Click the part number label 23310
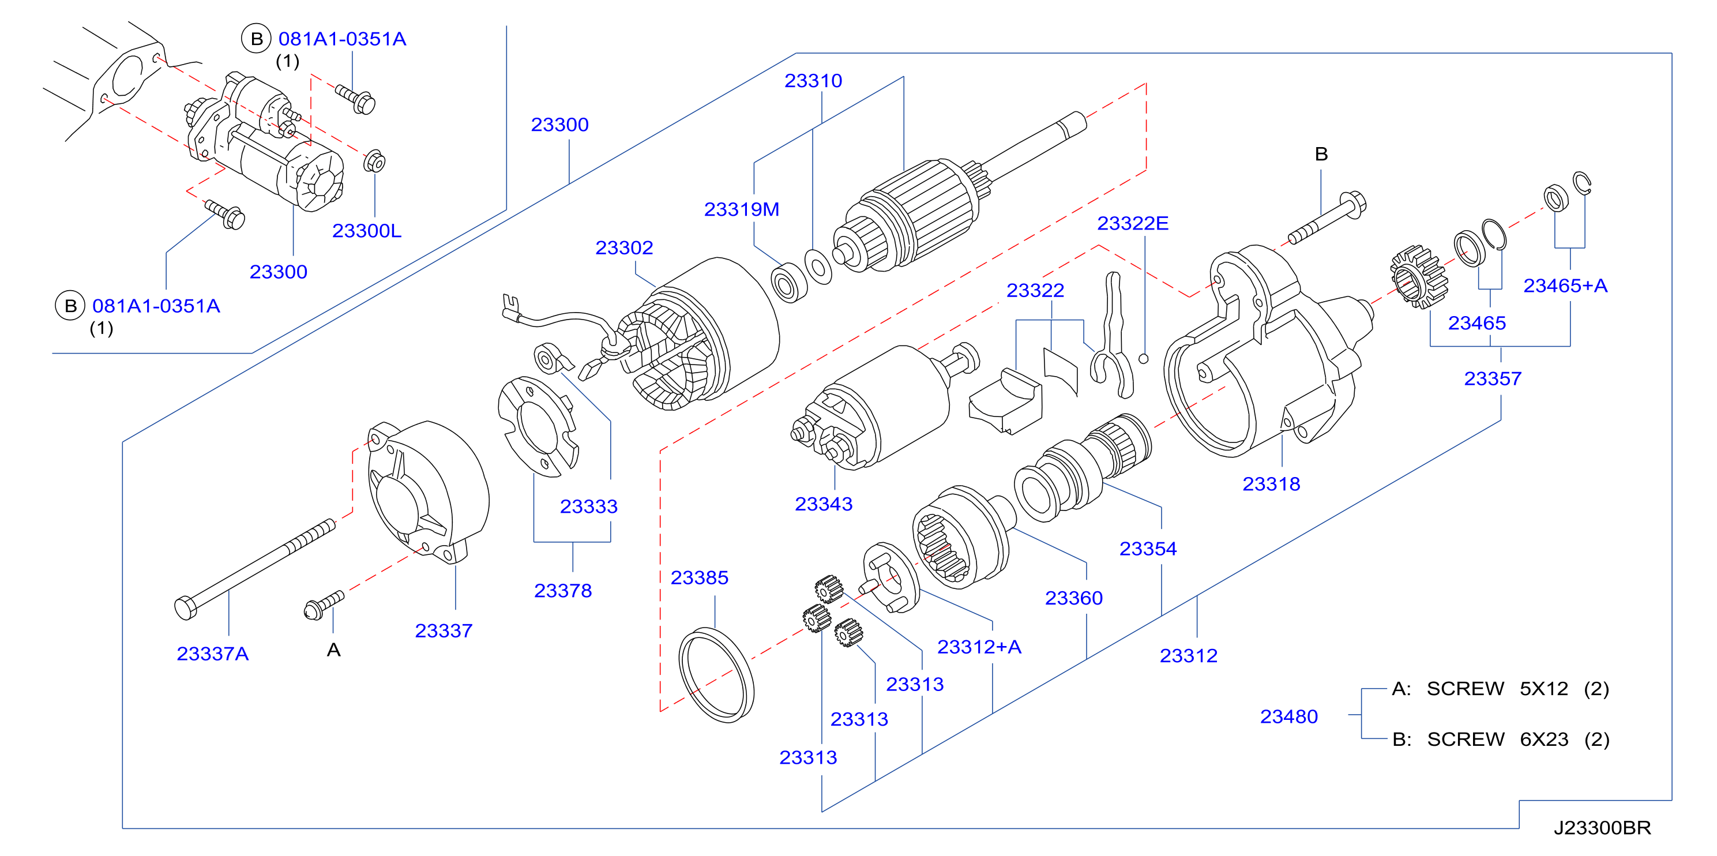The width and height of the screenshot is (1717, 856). [x=813, y=81]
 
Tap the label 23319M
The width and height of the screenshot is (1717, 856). [x=741, y=209]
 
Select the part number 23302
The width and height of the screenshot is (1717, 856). [x=624, y=248]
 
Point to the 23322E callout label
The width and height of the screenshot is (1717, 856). [x=1132, y=223]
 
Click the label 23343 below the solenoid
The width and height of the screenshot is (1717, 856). [x=823, y=504]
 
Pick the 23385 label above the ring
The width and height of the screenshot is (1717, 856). [x=699, y=577]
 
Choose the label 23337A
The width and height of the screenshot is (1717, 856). [x=213, y=654]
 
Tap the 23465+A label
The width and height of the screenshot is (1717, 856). [x=1565, y=286]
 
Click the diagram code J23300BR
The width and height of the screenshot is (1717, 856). [x=1602, y=828]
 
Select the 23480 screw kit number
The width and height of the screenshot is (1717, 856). [x=1288, y=716]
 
